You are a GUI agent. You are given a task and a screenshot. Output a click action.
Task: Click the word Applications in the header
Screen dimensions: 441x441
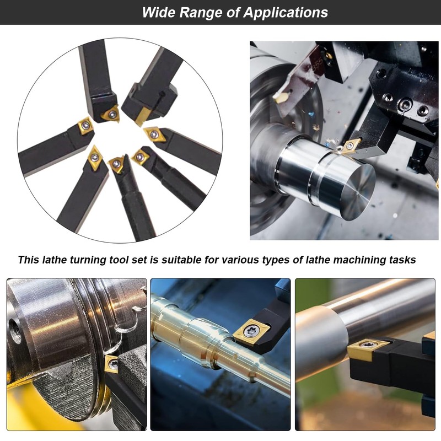(x=286, y=13)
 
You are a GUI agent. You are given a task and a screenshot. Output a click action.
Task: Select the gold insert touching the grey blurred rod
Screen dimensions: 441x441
(x=366, y=349)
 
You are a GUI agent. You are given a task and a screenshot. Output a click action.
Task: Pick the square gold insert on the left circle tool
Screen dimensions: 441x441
(x=85, y=126)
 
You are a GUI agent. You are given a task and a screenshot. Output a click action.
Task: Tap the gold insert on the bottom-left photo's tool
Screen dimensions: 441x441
(x=112, y=364)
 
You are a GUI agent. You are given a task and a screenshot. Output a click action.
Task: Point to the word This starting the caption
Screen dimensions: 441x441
(x=29, y=260)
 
